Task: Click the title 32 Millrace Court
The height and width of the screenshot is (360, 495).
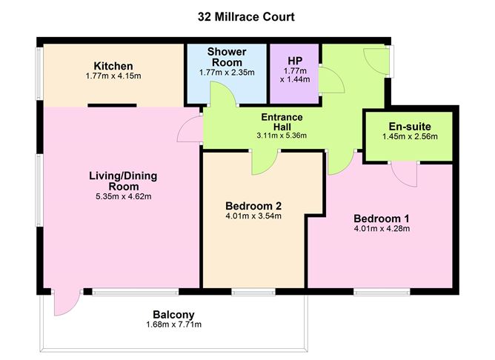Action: (247, 16)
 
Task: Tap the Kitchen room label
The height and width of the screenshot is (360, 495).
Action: (108, 65)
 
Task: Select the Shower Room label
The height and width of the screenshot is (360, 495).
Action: (226, 56)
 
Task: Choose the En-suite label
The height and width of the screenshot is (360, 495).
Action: (409, 125)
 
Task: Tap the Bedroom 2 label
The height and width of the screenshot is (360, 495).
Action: (253, 205)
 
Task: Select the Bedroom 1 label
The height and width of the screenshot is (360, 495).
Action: (381, 219)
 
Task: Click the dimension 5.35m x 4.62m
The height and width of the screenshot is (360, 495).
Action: (123, 198)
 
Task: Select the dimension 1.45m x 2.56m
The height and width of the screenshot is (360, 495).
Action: (409, 136)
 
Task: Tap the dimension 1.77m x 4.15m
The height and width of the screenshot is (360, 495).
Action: (108, 76)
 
